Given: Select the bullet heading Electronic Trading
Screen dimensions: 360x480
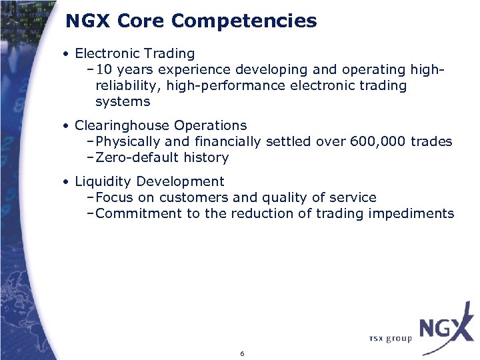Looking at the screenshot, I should coord(135,53).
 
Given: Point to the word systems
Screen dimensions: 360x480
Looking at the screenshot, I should coord(123,102).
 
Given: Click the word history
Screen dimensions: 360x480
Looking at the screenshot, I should coord(207,158).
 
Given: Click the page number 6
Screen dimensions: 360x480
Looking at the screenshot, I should coord(242,353).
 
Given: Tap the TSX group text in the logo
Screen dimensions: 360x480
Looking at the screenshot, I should coord(390,339).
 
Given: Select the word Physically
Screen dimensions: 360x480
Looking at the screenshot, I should coord(128,141).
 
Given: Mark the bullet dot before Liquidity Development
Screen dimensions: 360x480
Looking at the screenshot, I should coord(67,182).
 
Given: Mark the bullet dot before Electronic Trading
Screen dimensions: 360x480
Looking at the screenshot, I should coord(67,54).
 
